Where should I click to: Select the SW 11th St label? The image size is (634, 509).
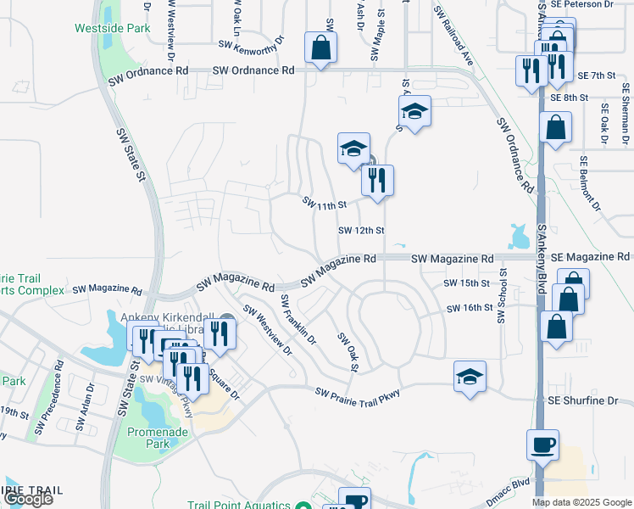click(325, 204)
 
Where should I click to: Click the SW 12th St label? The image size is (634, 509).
click(362, 230)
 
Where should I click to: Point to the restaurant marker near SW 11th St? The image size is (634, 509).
click(377, 181)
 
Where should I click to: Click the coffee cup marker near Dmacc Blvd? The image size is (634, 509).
click(542, 445)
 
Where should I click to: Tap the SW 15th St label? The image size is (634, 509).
click(468, 282)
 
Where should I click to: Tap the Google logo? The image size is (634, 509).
click(28, 499)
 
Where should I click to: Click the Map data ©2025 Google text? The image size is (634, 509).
click(581, 501)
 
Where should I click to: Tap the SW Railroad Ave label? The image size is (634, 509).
click(454, 37)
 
